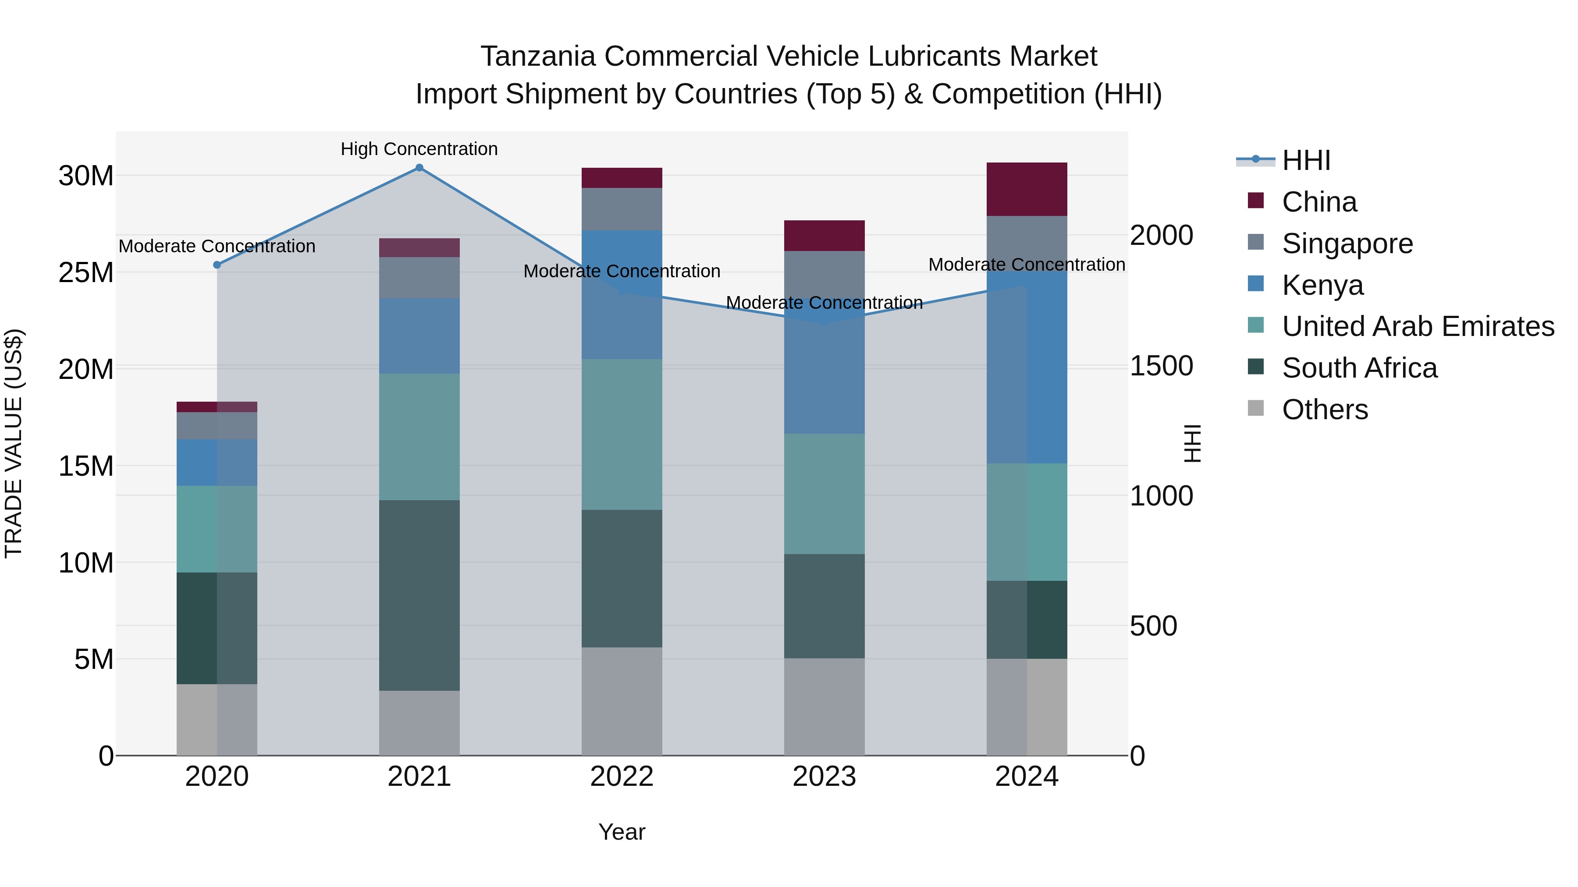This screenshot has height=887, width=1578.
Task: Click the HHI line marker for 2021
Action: coord(419,168)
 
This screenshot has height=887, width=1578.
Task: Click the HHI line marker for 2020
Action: coord(217,265)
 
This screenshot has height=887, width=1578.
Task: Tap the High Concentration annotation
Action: coord(419,149)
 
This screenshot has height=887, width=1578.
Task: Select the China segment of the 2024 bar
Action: coord(1027,189)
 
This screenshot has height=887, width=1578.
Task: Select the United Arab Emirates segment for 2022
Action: coord(622,434)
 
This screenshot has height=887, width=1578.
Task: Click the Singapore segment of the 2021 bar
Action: coord(419,277)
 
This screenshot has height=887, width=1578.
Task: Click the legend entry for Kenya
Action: coord(1322,285)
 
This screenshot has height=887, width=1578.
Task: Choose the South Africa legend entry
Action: coord(1359,368)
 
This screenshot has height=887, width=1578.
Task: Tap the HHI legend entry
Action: coord(1305,160)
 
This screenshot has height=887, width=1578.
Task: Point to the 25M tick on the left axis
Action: coord(86,272)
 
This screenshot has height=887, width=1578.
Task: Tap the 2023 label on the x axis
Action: coord(824,777)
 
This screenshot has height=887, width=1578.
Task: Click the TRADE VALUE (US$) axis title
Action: coord(14,443)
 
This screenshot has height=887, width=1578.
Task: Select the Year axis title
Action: coord(621,832)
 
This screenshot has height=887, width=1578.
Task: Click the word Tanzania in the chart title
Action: coord(537,57)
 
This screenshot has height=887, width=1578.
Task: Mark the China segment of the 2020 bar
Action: coord(217,407)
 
